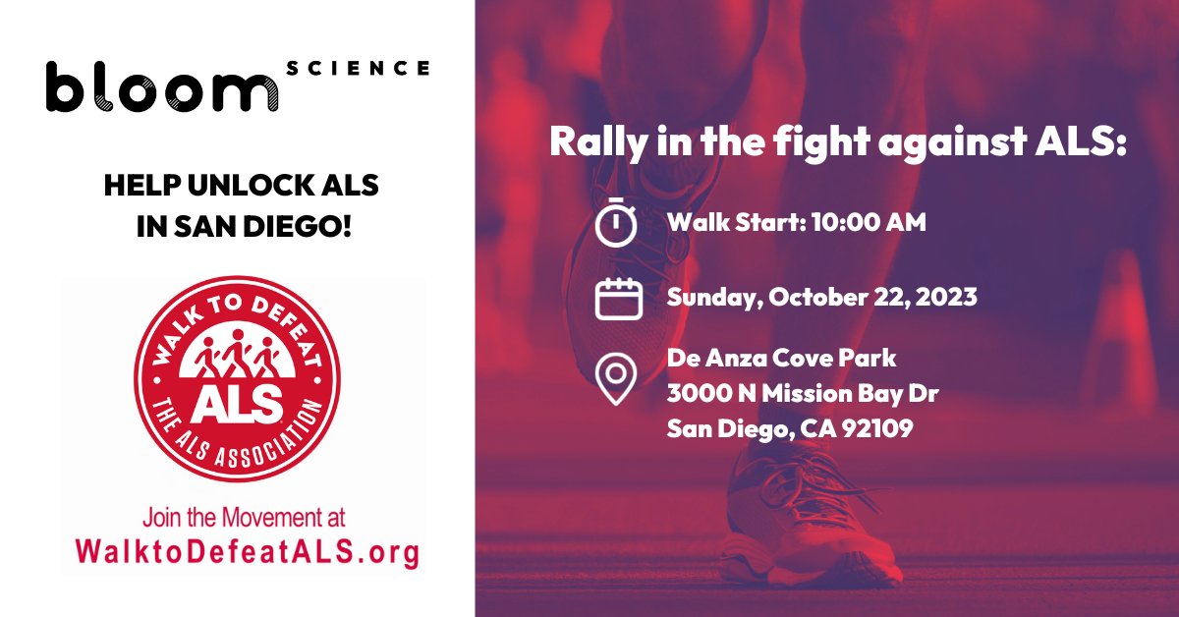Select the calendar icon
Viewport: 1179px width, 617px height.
pyautogui.click(x=619, y=298)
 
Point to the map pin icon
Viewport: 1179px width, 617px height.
pyautogui.click(x=616, y=379)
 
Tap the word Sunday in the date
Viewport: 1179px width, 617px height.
pyautogui.click(x=709, y=297)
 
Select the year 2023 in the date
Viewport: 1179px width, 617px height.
pyautogui.click(x=945, y=297)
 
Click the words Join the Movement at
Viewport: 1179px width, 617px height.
pyautogui.click(x=244, y=517)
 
